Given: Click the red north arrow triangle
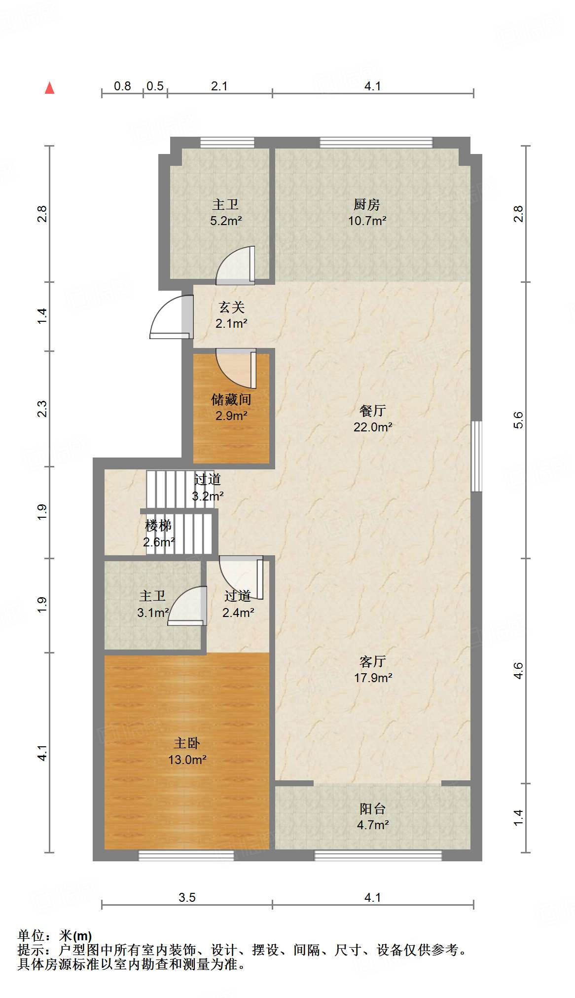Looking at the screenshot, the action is (x=49, y=88).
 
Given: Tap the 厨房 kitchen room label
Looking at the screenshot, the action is (x=367, y=204).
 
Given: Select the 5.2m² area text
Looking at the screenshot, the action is (x=226, y=221).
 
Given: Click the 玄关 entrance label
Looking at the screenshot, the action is (x=231, y=307).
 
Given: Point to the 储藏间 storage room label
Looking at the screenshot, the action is (x=231, y=399).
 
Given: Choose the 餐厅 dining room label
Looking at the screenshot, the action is (x=373, y=411).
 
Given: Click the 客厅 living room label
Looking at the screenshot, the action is (x=373, y=661).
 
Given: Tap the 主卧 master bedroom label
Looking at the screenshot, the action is (x=187, y=743).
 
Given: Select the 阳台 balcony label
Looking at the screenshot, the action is (x=373, y=808).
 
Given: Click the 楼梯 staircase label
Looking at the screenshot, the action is (x=158, y=526).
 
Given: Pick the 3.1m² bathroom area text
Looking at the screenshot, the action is (x=153, y=613).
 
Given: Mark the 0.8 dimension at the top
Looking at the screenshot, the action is (x=122, y=86).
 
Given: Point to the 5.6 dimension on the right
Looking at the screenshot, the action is (x=518, y=420).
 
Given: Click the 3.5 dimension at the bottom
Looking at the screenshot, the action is (x=187, y=897).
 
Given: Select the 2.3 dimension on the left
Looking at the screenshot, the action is (x=42, y=409).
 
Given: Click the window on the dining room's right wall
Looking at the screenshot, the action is (x=476, y=456).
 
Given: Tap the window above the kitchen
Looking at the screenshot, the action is (x=376, y=143).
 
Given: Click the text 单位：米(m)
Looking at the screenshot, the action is (x=55, y=936).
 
